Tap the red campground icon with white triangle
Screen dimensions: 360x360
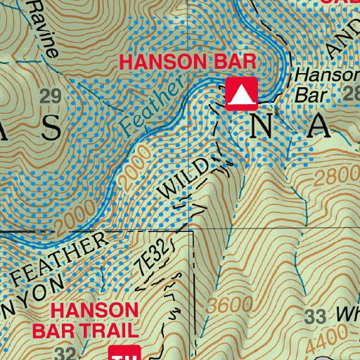click(241, 93)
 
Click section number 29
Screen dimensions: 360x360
click(50, 96)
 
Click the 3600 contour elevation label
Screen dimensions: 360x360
click(230, 304)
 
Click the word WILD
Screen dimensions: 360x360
click(184, 179)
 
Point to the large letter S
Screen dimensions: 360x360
click(50, 127)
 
